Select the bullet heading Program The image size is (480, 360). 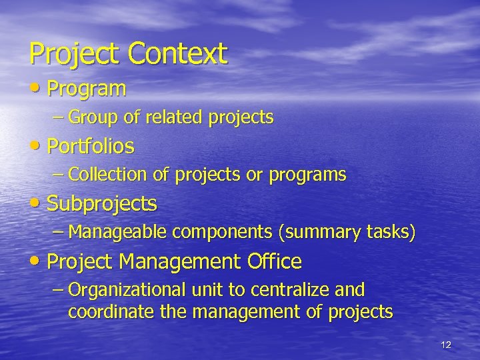[x=86, y=89]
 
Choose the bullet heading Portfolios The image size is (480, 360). [x=90, y=146]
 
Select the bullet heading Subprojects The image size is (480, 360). [x=101, y=203]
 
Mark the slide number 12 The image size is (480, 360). [x=446, y=345]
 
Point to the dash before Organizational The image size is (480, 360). [x=59, y=290]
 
